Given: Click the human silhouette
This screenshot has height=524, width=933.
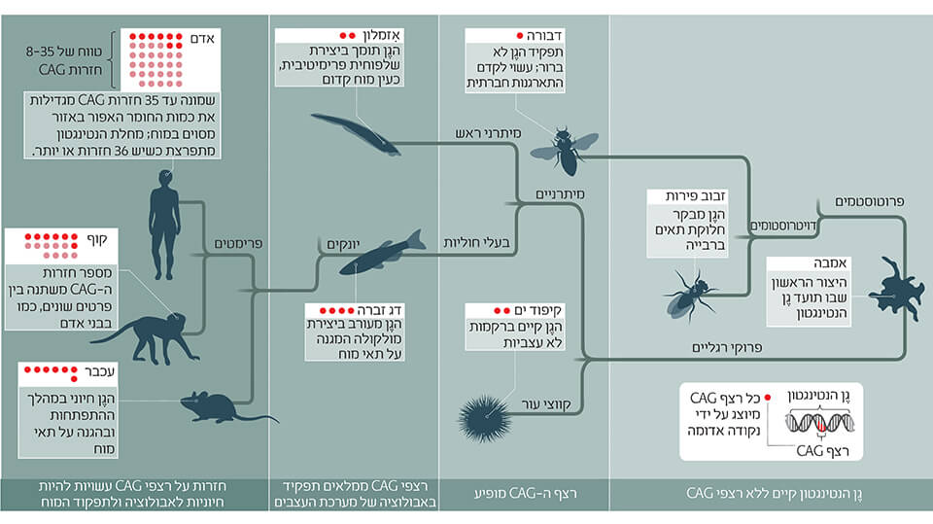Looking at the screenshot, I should [x=164, y=222].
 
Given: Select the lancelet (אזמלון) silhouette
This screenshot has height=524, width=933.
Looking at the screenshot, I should [x=354, y=132].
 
